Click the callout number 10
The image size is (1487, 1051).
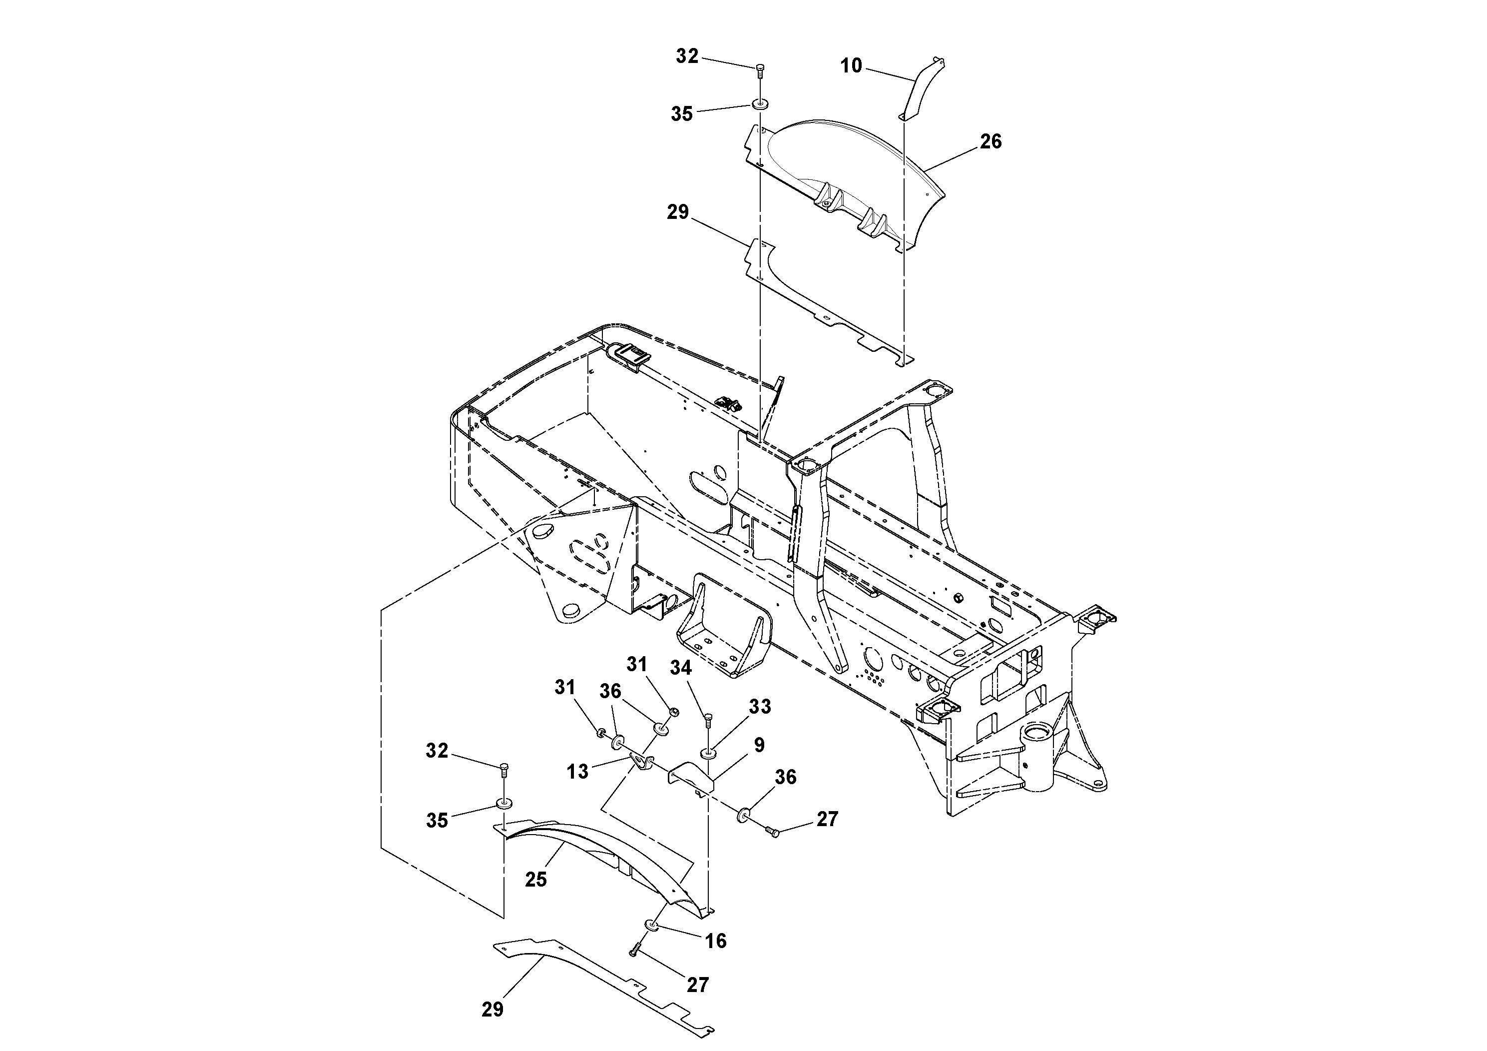(x=851, y=65)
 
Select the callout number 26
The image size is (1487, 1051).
(x=991, y=141)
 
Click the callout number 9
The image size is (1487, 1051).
(x=759, y=745)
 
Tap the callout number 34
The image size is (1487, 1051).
(x=681, y=668)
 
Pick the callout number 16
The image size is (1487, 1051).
(x=716, y=941)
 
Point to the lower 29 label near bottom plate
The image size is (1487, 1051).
(x=492, y=1009)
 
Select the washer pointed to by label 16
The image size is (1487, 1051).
(x=651, y=924)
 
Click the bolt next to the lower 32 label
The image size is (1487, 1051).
(x=504, y=771)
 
